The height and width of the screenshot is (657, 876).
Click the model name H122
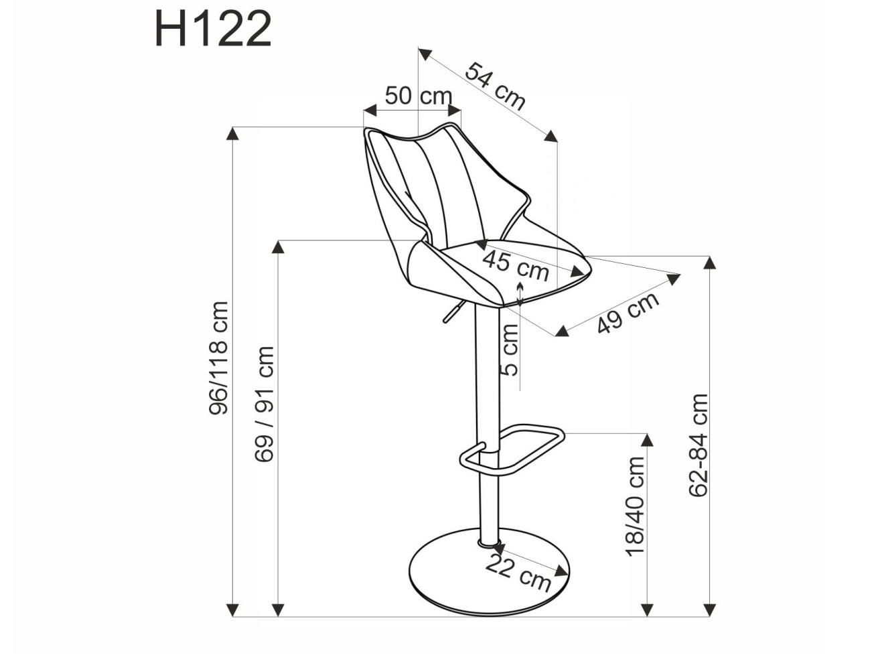pyautogui.click(x=213, y=29)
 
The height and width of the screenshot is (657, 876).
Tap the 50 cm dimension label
pyautogui.click(x=418, y=96)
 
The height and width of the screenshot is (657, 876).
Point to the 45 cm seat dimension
pyautogui.click(x=516, y=265)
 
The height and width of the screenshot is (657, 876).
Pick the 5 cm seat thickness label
pyautogui.click(x=510, y=350)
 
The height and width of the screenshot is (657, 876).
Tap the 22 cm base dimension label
pyautogui.click(x=518, y=573)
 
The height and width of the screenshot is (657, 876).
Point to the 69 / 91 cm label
pyautogui.click(x=265, y=404)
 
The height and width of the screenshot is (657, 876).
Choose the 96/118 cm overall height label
pyautogui.click(x=219, y=358)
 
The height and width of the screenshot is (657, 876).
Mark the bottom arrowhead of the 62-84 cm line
pyautogui.click(x=710, y=609)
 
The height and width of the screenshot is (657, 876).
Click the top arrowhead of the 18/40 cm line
pyautogui.click(x=647, y=439)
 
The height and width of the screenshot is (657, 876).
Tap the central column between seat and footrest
pyautogui.click(x=488, y=375)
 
